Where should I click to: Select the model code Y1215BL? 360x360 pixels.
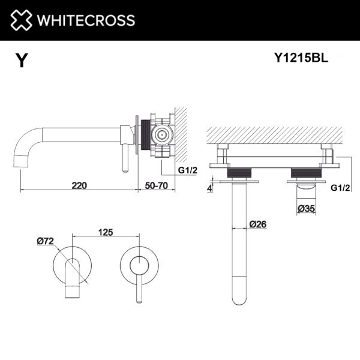300,59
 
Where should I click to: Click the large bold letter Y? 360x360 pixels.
22,61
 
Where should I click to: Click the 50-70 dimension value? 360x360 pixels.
156,185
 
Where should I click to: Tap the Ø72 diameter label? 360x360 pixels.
46,241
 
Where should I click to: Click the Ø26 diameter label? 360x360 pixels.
258,224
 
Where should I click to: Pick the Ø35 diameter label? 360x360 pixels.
307,208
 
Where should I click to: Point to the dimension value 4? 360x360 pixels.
209,188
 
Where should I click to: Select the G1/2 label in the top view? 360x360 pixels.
340,188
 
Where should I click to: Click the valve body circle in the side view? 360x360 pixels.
162,134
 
